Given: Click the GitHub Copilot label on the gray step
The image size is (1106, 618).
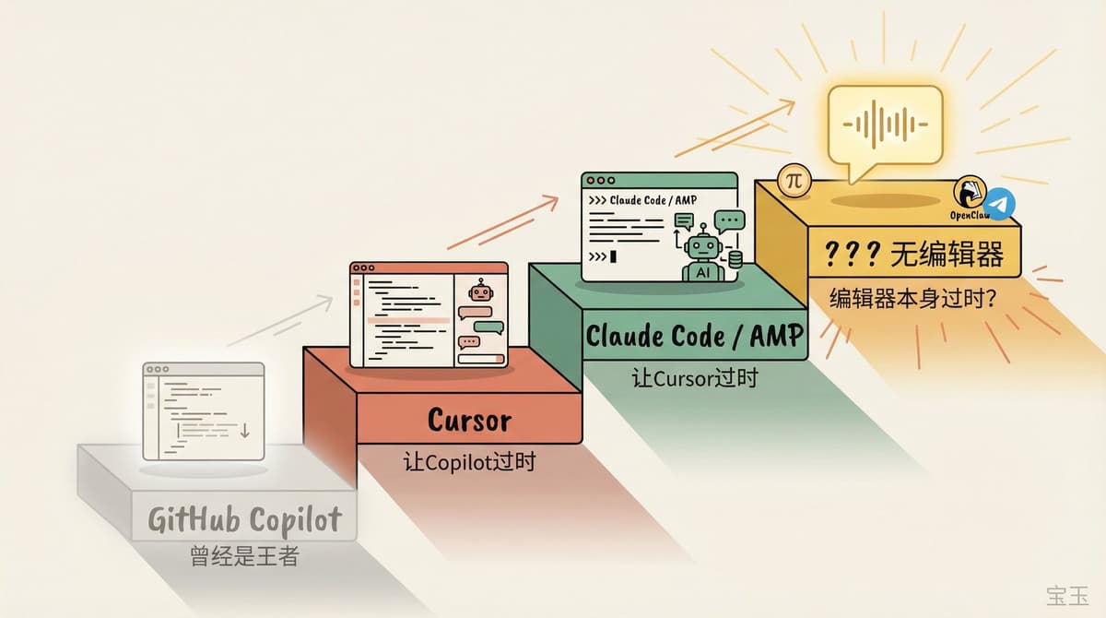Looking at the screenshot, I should point(244,520).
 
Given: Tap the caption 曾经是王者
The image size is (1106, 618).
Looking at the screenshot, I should point(244,556).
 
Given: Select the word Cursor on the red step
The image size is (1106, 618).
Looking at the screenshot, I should point(469,420).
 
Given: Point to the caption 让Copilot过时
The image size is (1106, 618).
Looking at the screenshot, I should point(469,461).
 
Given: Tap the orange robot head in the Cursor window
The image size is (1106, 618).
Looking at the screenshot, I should point(479,292).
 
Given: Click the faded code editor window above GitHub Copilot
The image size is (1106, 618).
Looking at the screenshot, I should point(203,410).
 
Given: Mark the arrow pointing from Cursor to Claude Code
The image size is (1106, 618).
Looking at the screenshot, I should point(503,222).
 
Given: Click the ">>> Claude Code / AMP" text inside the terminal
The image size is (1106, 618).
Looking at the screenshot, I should point(641,200).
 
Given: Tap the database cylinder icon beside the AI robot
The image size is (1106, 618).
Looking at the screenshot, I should point(735,260).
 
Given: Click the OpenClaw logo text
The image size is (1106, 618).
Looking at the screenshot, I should point(969,215).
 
